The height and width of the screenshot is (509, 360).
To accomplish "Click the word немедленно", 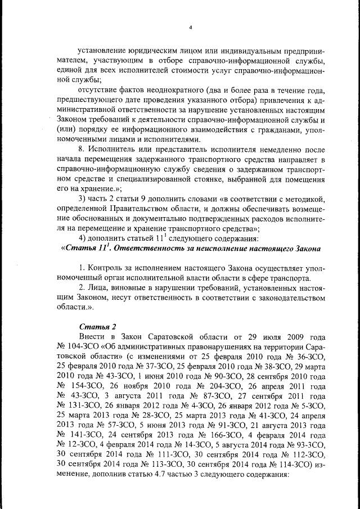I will coord(279,149).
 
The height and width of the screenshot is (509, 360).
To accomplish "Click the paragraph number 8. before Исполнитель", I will coord(83,149).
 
